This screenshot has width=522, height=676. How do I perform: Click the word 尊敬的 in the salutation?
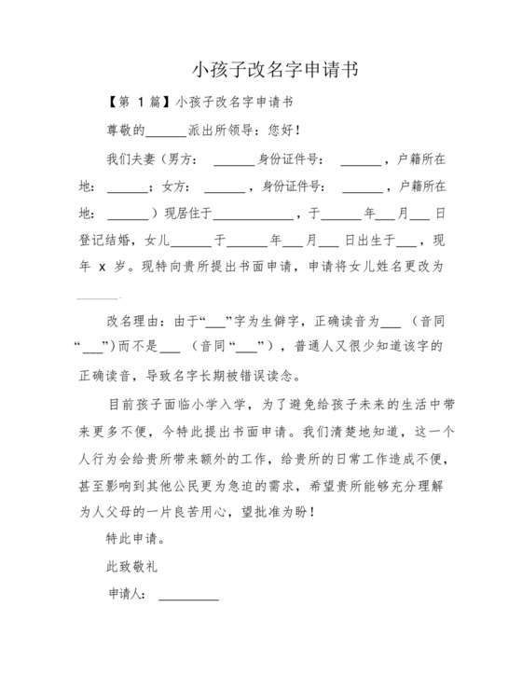pos(127,130)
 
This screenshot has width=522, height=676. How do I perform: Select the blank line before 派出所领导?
pos(168,131)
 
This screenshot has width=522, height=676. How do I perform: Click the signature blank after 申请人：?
pos(188,597)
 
